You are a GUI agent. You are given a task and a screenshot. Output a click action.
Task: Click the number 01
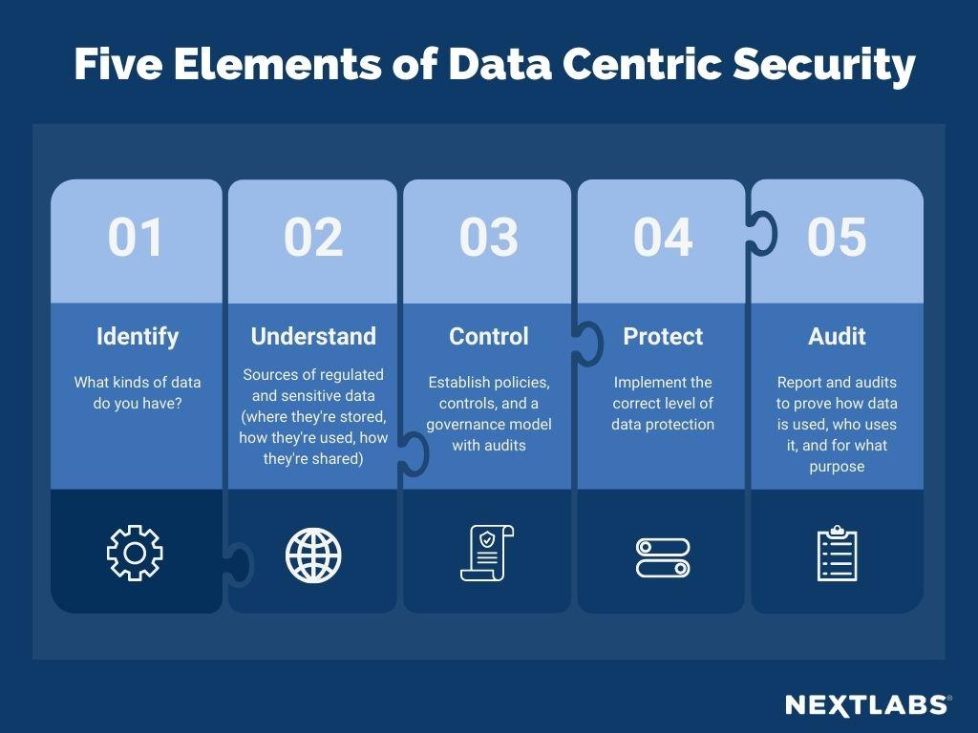coord(136,237)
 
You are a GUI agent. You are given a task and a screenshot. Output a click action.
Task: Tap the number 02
coord(313,237)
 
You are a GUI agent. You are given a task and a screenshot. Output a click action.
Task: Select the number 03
coord(488,237)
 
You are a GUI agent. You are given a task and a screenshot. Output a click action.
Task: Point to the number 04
coord(663,237)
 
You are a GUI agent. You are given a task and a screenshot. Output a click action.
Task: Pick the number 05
coord(837,237)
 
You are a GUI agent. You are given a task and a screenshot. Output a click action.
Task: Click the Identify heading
coord(138,337)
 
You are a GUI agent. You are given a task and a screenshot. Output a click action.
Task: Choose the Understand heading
coord(313,336)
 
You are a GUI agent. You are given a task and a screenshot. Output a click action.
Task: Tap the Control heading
coord(488,336)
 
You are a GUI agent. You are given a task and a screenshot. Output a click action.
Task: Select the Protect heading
coord(663,336)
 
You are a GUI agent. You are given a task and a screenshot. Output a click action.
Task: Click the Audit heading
coord(837,336)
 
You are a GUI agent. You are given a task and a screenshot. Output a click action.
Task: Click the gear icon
coord(135,553)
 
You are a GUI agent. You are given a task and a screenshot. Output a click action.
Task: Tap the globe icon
coord(313,555)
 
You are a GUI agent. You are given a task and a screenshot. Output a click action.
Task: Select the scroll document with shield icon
coord(487,553)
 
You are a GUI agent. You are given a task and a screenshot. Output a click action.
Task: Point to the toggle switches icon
coord(663,557)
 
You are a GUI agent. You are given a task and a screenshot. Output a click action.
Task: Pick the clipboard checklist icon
coord(837,553)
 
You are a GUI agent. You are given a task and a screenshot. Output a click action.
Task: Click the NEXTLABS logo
coord(868,705)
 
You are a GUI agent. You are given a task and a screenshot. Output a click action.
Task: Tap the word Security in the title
coord(824,65)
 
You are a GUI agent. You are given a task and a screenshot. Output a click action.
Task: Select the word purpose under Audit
coord(837,468)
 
